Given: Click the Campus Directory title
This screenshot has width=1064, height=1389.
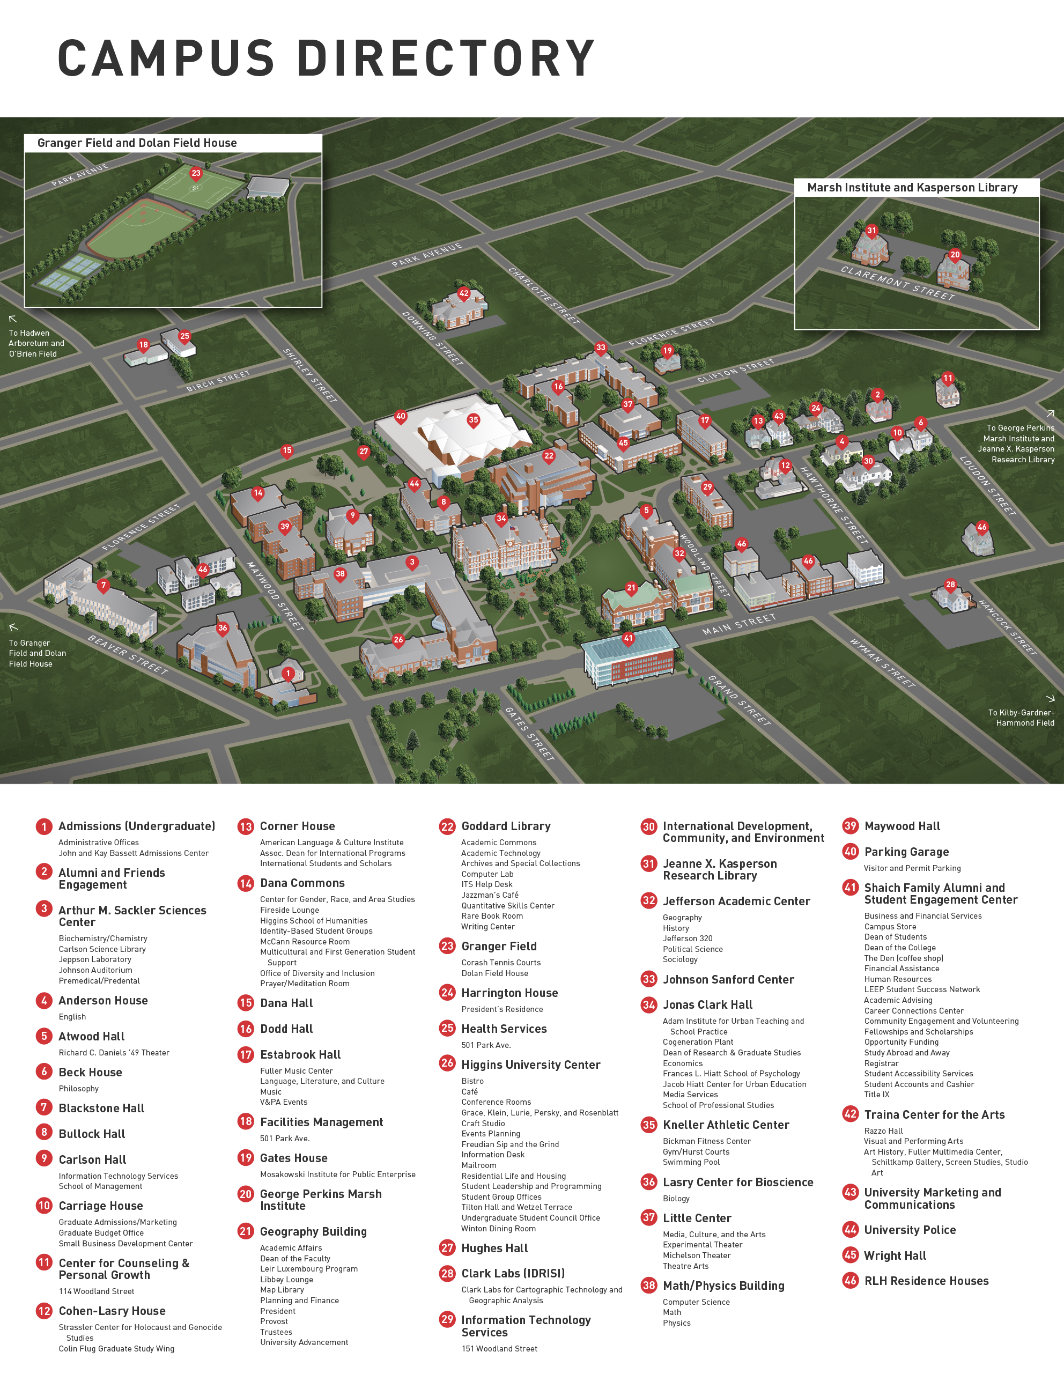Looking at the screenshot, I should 326,58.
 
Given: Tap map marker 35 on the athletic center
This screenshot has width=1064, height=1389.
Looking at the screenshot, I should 473,420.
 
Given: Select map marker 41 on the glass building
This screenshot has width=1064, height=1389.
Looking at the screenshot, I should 627,638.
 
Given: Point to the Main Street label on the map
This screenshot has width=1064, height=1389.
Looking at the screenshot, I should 738,624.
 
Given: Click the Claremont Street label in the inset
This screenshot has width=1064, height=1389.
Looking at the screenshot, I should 897,283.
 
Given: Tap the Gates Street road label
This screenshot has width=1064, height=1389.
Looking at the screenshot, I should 529,734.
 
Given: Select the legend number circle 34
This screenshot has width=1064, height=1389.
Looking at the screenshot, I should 648,1004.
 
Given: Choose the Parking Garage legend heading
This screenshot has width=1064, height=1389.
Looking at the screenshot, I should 906,852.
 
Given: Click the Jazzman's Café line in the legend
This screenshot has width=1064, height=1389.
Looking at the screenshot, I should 490,895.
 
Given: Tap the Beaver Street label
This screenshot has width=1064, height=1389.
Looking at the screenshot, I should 128,655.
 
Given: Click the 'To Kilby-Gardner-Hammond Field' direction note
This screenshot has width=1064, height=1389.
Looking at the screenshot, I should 1021,718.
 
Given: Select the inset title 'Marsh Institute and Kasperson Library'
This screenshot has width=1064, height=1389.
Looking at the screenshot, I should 912,188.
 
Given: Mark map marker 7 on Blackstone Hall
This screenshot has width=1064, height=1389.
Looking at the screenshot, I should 103,585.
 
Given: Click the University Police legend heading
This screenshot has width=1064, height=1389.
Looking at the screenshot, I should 910,1230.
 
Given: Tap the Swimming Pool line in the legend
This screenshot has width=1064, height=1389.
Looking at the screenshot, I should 691,1162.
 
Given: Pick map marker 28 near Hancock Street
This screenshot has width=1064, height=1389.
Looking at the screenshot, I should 950,585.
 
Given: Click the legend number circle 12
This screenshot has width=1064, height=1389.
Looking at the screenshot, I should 43,1311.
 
